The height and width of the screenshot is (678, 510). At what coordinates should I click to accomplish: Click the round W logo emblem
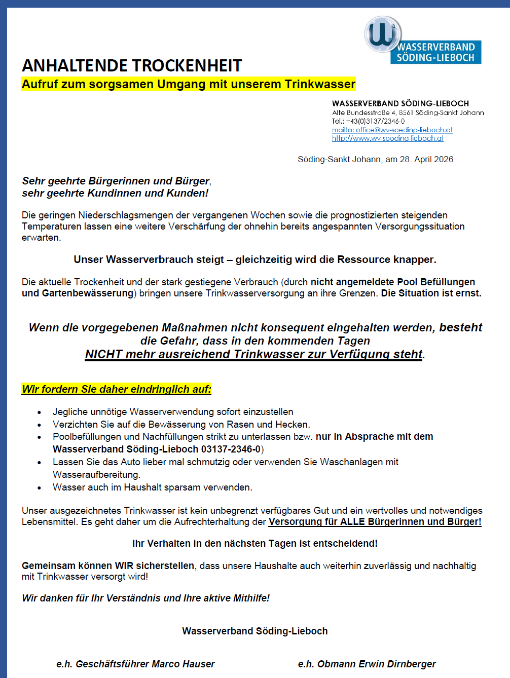(383, 34)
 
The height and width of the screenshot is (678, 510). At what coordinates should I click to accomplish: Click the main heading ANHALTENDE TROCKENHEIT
(132, 66)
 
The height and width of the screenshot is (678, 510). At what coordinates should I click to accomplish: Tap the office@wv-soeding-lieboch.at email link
(392, 130)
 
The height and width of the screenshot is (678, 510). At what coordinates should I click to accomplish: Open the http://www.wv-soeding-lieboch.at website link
(388, 138)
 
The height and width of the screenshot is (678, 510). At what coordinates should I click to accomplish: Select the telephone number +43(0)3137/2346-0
(375, 121)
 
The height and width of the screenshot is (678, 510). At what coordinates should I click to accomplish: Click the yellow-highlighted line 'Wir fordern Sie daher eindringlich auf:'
(117, 389)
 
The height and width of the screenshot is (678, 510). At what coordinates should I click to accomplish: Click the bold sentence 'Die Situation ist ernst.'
(431, 293)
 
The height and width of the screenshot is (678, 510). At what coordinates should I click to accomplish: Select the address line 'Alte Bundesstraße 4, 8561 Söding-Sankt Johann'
(408, 112)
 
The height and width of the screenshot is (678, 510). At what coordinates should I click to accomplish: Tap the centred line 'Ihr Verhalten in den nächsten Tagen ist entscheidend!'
(255, 543)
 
